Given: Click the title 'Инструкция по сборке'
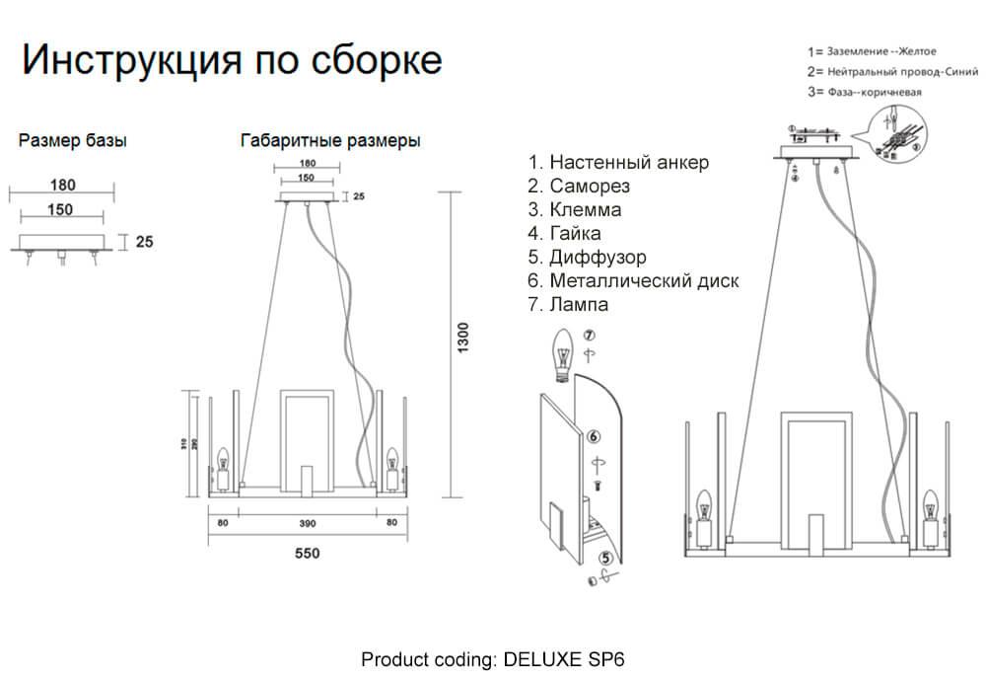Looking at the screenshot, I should [232, 61].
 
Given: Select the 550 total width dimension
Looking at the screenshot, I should [308, 554].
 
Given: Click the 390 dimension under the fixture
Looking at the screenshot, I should [308, 524].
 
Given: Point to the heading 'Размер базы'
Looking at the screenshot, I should [73, 141].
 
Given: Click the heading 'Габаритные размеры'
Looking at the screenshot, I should [330, 141].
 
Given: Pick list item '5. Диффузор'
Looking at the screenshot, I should [587, 258].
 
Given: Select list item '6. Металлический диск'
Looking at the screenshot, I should [633, 281].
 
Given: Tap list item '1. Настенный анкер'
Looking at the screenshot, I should [618, 163].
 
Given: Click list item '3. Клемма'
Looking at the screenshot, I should [575, 210].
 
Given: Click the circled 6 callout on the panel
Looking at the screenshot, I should [594, 435].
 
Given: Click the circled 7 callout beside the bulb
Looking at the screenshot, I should [589, 337].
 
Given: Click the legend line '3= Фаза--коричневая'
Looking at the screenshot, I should [864, 93].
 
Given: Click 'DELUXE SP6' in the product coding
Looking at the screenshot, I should [564, 658].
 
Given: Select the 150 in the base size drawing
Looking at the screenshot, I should [61, 209].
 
